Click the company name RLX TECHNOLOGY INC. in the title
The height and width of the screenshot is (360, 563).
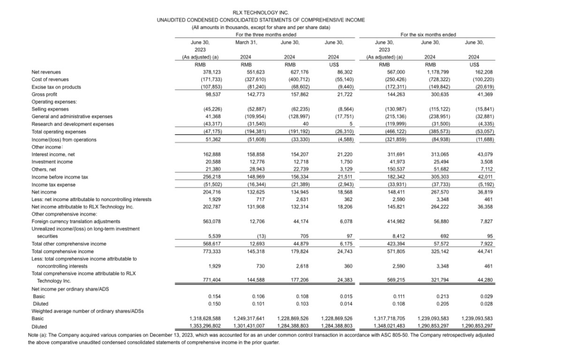[x=261, y=13]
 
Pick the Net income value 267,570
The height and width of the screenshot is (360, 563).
[x=430, y=192]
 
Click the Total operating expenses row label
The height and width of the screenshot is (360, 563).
[x=58, y=132]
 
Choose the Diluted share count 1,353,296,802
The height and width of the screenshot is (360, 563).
[x=206, y=325]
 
